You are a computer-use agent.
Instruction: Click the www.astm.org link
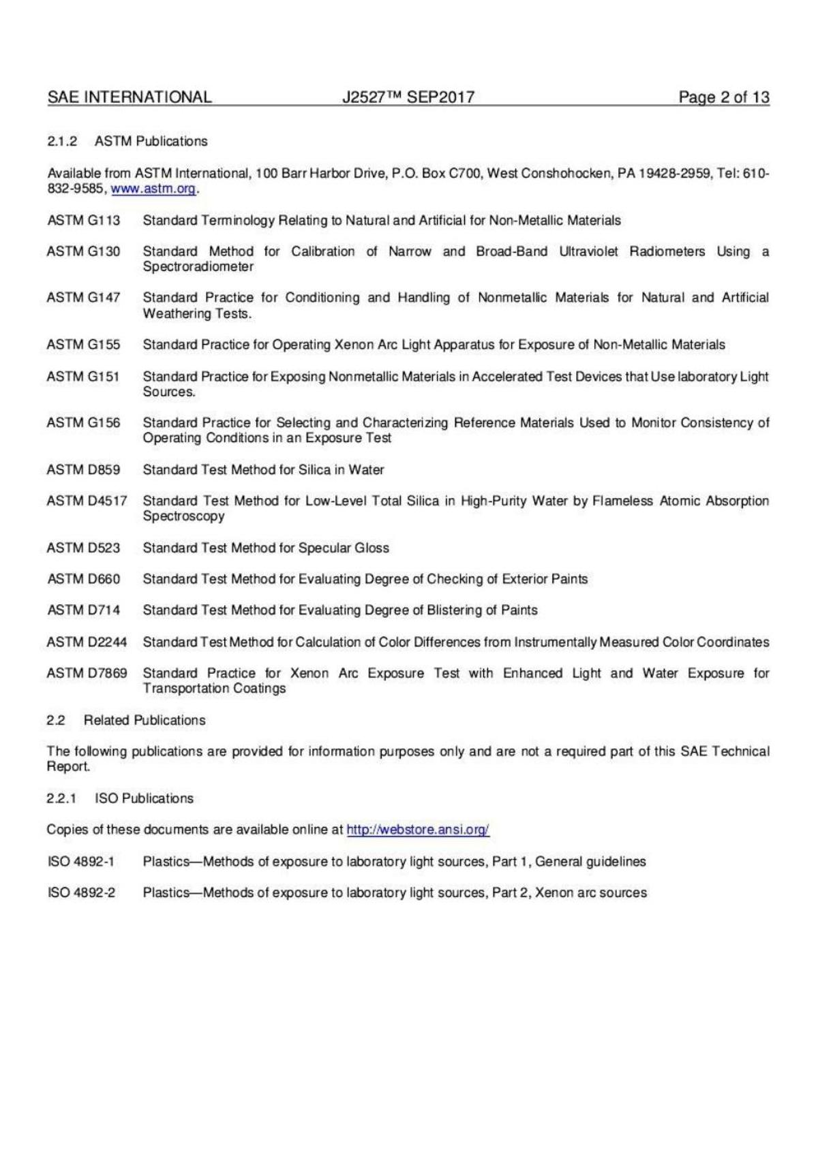pyautogui.click(x=153, y=189)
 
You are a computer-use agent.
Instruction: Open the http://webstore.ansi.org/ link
pyautogui.click(x=418, y=829)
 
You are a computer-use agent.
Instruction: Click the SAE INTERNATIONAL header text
pyautogui.click(x=130, y=97)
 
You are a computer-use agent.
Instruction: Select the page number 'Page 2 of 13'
pyautogui.click(x=723, y=97)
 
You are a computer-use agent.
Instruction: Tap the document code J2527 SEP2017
pyautogui.click(x=408, y=97)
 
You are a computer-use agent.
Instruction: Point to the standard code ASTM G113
pyautogui.click(x=83, y=220)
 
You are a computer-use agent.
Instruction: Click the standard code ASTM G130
pyautogui.click(x=83, y=251)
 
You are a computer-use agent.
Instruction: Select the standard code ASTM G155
pyautogui.click(x=83, y=345)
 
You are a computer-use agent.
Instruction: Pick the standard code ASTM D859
pyautogui.click(x=83, y=469)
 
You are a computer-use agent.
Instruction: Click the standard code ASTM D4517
pyautogui.click(x=87, y=501)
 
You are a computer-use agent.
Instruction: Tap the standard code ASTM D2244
pyautogui.click(x=87, y=642)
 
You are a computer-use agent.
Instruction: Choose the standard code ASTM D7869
pyautogui.click(x=87, y=673)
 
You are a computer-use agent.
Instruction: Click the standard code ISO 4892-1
pyautogui.click(x=80, y=861)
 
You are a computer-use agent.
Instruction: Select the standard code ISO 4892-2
pyautogui.click(x=80, y=892)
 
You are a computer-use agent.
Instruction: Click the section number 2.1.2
pyautogui.click(x=62, y=141)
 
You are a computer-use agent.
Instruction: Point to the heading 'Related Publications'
pyautogui.click(x=145, y=720)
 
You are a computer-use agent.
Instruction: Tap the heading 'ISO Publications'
pyautogui.click(x=144, y=798)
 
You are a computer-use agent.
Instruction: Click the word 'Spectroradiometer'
pyautogui.click(x=198, y=267)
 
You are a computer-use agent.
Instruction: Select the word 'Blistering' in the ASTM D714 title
pyautogui.click(x=456, y=610)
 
